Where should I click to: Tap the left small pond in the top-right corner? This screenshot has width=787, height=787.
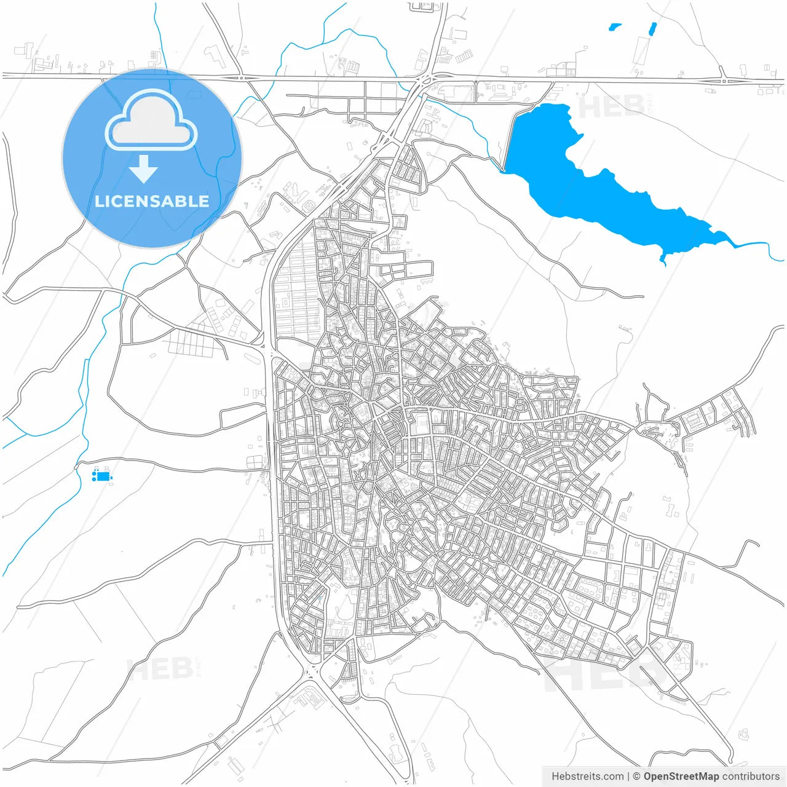[x=614, y=27]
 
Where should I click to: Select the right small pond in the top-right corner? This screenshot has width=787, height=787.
[x=652, y=28]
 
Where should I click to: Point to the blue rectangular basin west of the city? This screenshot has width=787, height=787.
[x=102, y=476]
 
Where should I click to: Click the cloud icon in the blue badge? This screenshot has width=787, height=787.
[x=151, y=120]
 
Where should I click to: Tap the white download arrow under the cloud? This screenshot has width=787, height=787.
[x=144, y=168]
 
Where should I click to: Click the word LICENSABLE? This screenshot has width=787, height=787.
[x=152, y=201]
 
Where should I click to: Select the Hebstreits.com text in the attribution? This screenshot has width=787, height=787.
[x=587, y=776]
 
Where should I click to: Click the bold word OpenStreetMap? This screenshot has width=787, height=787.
[x=681, y=776]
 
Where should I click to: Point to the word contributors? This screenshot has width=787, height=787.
[x=751, y=776]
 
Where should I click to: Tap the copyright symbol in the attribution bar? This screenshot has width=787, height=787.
[x=637, y=776]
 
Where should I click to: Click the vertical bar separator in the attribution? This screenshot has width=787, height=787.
[x=628, y=776]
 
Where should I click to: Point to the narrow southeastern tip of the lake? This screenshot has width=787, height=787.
[x=663, y=259]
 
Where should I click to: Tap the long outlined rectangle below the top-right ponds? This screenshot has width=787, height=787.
[x=642, y=50]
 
